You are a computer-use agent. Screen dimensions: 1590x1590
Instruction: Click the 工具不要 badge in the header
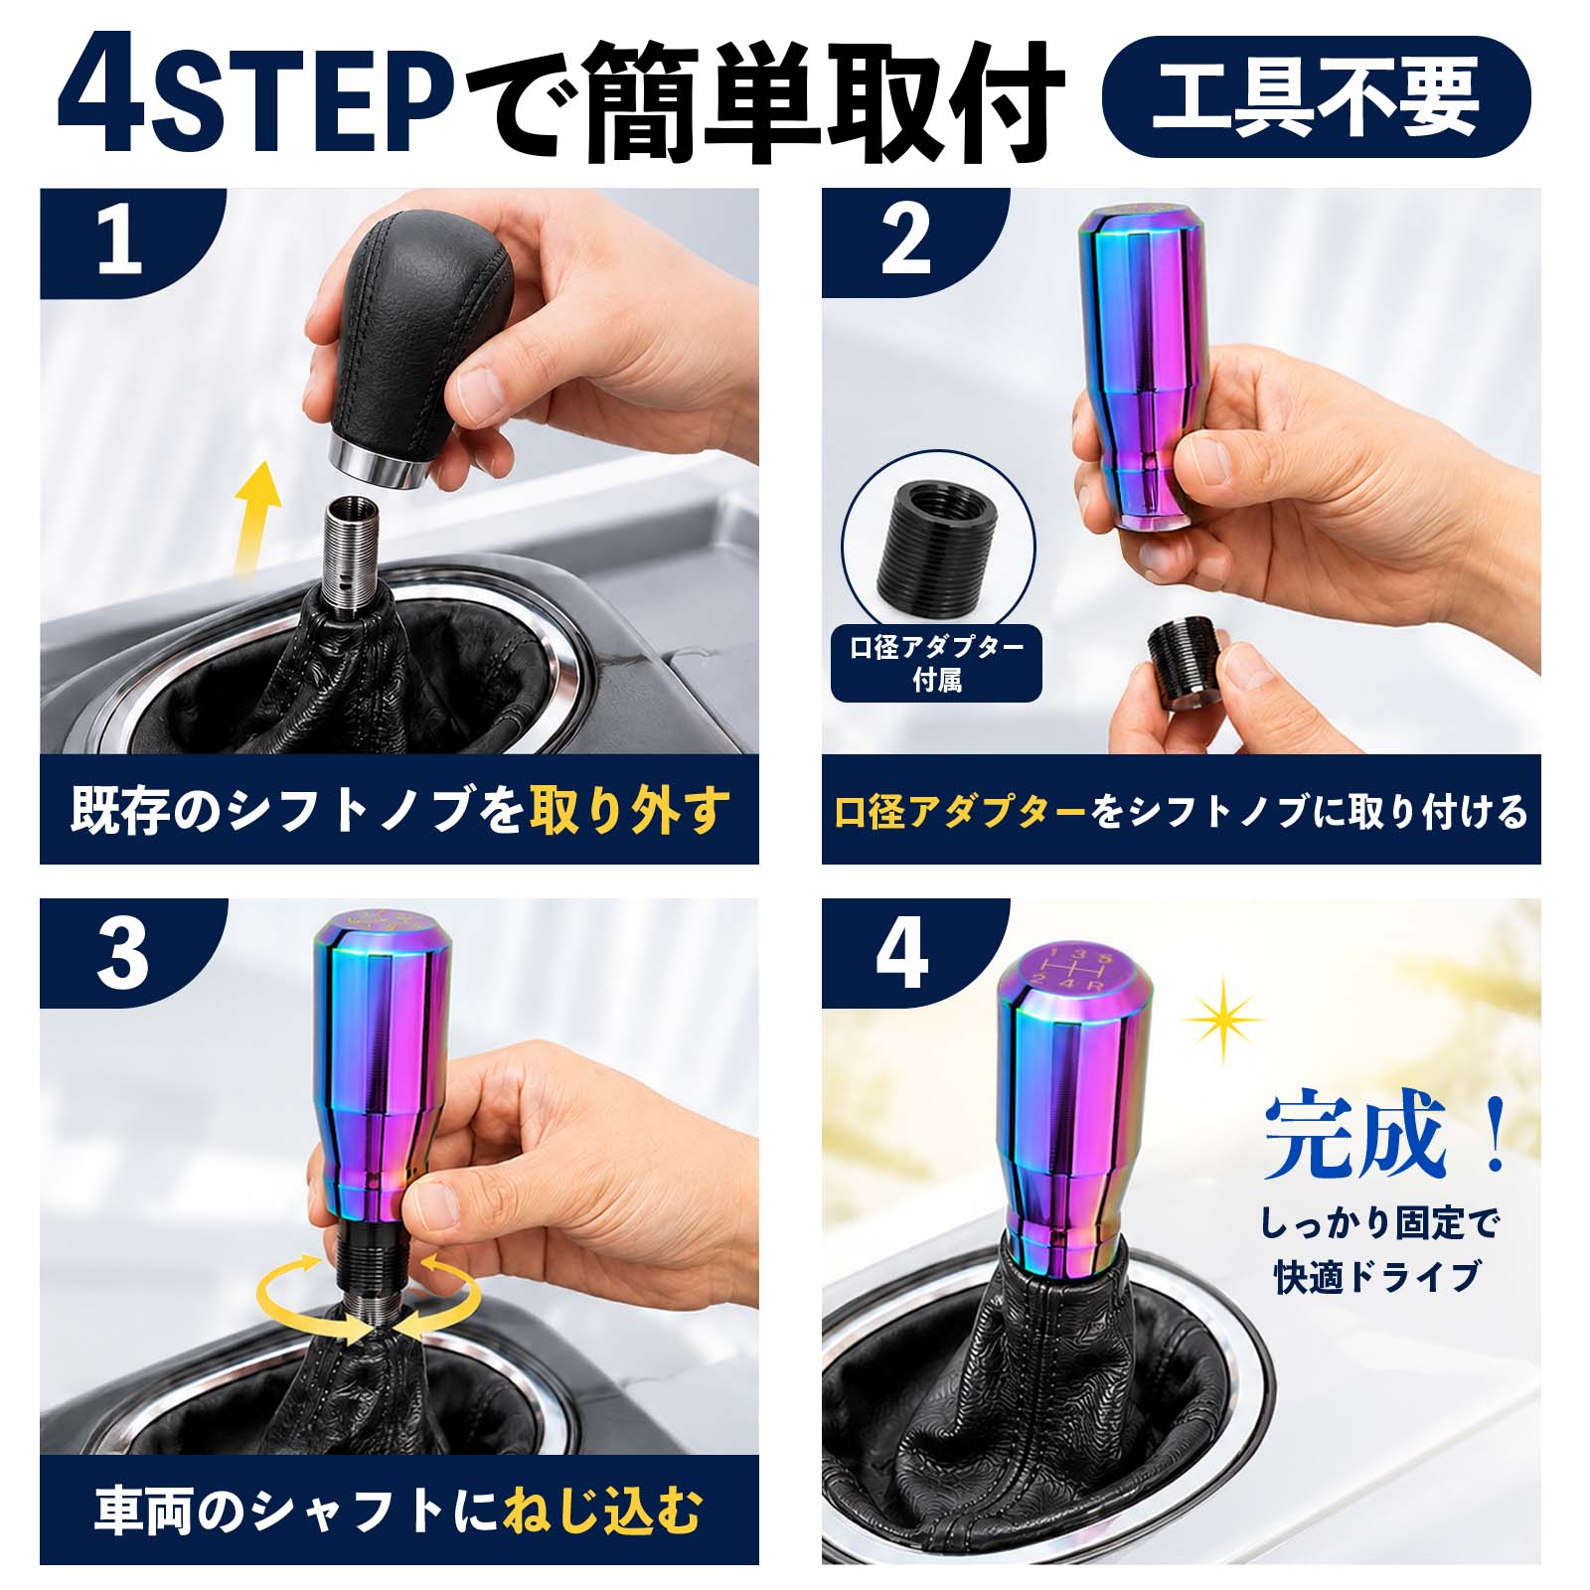[x=1317, y=96]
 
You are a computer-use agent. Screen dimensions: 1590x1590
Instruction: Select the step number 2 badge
[x=904, y=242]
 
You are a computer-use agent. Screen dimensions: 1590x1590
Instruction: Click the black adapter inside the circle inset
[x=938, y=548]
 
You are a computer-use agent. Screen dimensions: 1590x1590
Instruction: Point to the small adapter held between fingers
[x=1188, y=664]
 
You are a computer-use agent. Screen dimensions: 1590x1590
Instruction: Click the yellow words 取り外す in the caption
[x=629, y=811]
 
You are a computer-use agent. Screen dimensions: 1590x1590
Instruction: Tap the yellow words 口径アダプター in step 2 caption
[x=960, y=812]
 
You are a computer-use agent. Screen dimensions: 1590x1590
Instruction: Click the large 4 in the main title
[x=103, y=95]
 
